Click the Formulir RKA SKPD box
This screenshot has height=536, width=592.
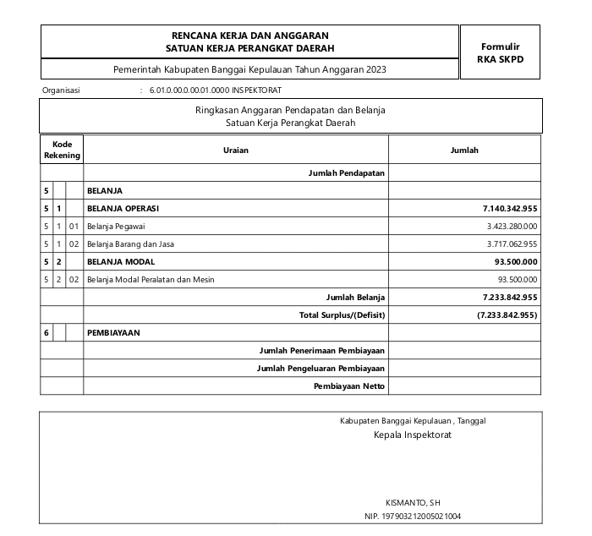[x=500, y=52]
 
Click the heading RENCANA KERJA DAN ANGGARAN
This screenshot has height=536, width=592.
[x=249, y=36]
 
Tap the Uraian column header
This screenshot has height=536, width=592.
[x=236, y=150]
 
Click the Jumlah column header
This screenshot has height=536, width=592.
[x=465, y=150]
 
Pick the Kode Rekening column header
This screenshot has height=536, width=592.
[x=62, y=150]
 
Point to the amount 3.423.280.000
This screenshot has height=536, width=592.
[x=512, y=226]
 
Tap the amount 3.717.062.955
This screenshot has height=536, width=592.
[x=512, y=243]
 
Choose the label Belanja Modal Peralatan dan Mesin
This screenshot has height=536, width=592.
[x=151, y=279]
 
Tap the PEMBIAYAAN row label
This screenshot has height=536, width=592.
[x=113, y=332]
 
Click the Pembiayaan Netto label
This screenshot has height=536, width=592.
[x=348, y=386]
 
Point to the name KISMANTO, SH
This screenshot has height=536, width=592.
[x=413, y=502]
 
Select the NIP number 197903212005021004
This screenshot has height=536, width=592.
[x=413, y=516]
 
